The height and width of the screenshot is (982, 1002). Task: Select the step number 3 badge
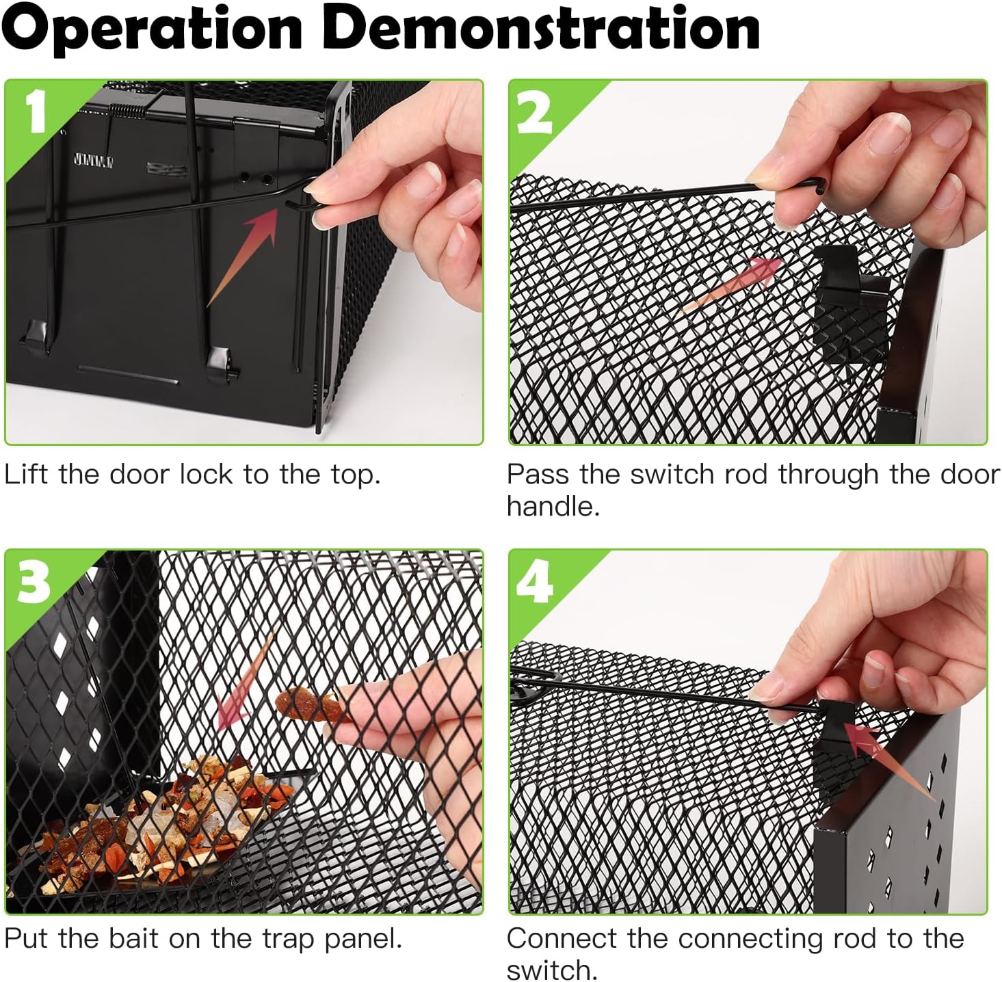34,583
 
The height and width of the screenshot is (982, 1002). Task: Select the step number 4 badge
535,583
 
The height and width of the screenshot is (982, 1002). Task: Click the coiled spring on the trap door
127,111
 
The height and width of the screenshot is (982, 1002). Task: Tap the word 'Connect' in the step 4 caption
562,939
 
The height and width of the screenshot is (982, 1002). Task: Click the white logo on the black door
94,161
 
